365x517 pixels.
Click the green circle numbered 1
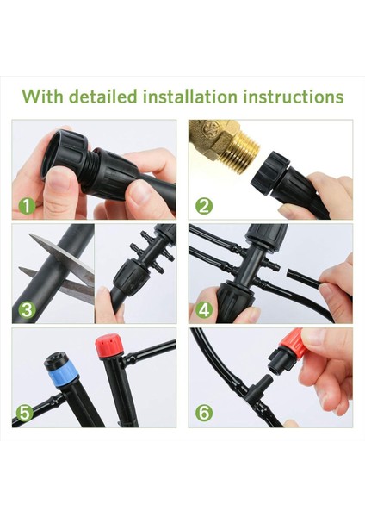tap(27, 207)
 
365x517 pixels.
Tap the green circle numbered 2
tap(204, 207)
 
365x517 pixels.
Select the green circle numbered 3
tap(27, 310)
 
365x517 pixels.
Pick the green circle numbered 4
tap(204, 310)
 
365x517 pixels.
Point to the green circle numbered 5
tap(25, 413)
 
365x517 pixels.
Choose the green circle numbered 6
tap(204, 413)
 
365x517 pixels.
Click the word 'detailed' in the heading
tap(103, 97)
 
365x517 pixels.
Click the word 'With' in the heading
tap(43, 97)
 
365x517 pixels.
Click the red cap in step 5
tap(109, 343)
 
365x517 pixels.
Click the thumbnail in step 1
tap(58, 179)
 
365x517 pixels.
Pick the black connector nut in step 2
tap(271, 173)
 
